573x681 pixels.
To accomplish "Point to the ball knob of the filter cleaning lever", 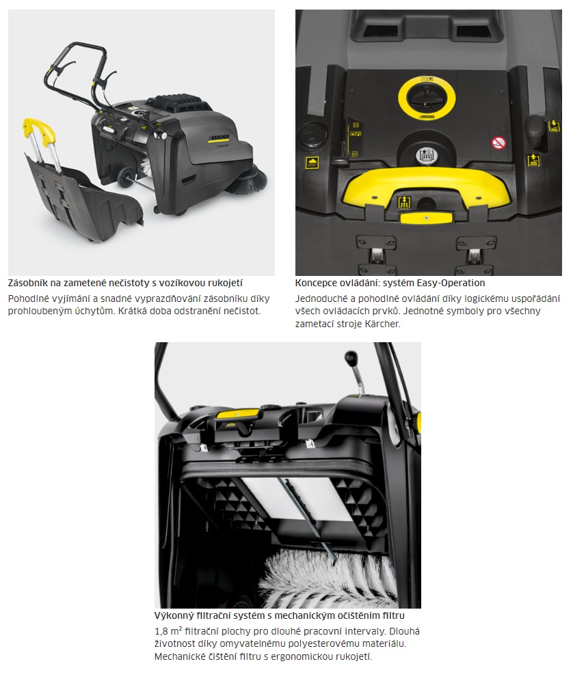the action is pos(350,358).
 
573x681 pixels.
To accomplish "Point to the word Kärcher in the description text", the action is pos(383,324).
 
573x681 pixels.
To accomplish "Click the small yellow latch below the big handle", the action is pos(426,218).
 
